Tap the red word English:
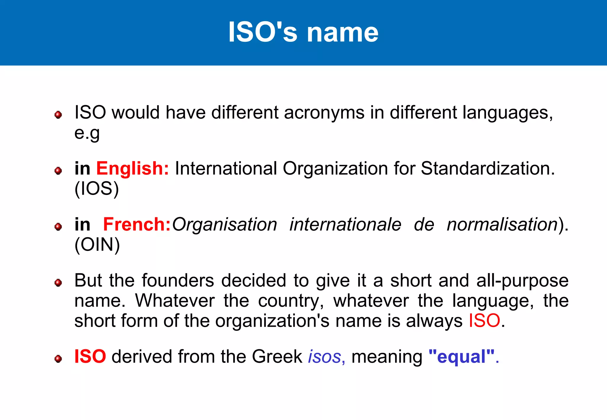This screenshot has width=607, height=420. coord(132,169)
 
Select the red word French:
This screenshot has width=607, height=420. coord(137,225)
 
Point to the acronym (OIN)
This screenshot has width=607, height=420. coord(97,245)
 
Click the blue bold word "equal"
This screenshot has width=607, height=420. coord(461,357)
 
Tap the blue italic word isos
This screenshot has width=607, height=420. coord(325,357)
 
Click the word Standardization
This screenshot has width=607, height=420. coord(488,169)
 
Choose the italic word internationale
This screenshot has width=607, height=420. coord(345,225)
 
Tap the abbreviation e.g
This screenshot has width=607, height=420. coord(87,133)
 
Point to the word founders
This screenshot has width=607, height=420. coord(178,280)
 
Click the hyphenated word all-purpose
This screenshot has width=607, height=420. coord(522,280)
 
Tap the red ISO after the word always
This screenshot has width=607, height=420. coord(484,321)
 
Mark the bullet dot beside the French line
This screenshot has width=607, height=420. coord(58,227)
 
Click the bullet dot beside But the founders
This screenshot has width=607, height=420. coord(58,283)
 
